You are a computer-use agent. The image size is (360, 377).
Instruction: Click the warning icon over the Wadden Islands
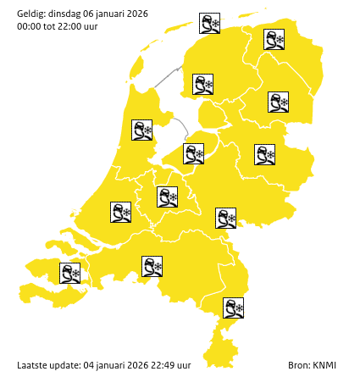(x=209, y=23)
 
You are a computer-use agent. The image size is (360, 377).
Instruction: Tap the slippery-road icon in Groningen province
(x=274, y=40)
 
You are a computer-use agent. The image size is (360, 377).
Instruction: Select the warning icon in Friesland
(x=202, y=84)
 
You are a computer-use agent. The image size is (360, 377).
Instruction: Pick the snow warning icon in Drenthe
(x=278, y=103)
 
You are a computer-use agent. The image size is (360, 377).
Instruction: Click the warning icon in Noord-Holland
(x=141, y=130)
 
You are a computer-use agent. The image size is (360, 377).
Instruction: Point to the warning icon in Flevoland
(x=194, y=153)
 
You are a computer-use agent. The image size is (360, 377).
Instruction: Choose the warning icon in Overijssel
(x=265, y=154)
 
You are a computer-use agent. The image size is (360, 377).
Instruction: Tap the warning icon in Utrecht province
(x=168, y=197)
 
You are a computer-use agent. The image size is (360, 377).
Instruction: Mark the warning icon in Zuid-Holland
(x=121, y=212)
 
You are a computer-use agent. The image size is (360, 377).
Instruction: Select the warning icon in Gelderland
(x=225, y=218)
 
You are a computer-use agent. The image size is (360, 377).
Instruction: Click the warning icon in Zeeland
(x=69, y=273)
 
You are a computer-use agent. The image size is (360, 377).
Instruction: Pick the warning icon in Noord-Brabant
(x=152, y=267)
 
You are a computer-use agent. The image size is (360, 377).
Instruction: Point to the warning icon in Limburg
(x=233, y=308)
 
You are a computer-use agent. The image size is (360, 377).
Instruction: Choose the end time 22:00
(x=69, y=26)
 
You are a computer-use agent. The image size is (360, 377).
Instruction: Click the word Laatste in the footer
(x=32, y=365)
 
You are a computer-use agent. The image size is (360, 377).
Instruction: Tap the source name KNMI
(x=324, y=365)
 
